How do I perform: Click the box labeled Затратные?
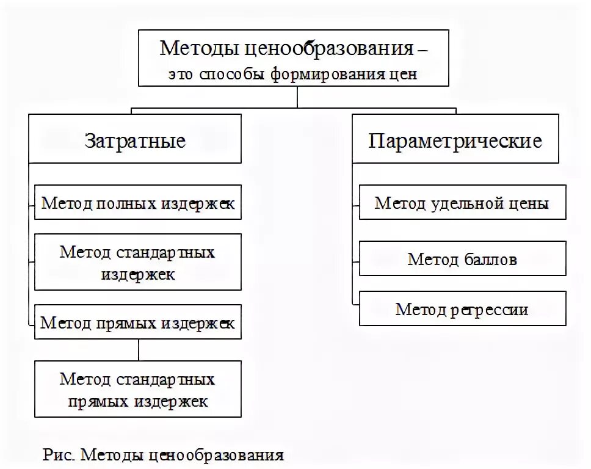click(135, 142)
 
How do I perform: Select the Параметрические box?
click(455, 142)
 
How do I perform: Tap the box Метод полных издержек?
click(137, 203)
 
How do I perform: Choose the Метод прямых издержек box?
click(137, 322)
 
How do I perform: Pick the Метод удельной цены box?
click(462, 203)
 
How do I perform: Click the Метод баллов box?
click(462, 259)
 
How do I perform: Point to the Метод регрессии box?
click(462, 309)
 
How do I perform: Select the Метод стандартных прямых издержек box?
click(137, 390)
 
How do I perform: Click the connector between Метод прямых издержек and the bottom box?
click(139, 350)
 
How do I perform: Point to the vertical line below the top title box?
click(297, 97)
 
